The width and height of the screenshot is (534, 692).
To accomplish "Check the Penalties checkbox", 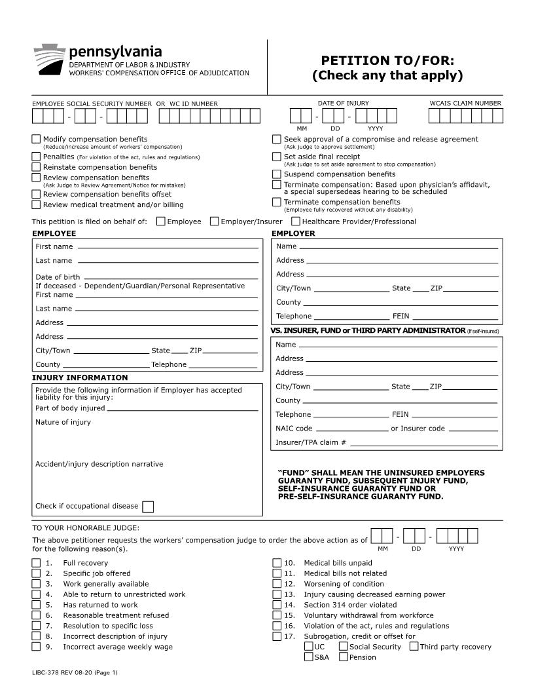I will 36,157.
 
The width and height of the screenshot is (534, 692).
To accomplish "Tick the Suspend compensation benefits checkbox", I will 277,174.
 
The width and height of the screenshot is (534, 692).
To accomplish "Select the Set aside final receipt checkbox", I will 277,157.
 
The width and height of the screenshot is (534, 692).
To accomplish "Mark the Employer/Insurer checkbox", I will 214,221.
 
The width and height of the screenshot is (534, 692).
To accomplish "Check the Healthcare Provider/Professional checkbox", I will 296,221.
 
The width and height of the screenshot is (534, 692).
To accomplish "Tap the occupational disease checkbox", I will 148,507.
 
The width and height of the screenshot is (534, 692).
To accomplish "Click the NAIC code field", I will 351,429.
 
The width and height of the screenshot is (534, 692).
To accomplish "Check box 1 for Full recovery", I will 36,563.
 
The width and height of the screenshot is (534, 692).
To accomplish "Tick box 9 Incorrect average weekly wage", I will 36,647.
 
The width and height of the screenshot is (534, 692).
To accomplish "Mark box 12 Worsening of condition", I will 277,584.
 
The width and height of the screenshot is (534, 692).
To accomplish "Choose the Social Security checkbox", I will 343,647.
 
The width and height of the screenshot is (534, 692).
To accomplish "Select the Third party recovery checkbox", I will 414,647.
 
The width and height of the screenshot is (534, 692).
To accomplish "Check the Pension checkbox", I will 343,657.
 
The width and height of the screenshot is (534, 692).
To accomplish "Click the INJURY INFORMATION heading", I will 80,377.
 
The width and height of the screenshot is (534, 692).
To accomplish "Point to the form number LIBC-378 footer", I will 75,673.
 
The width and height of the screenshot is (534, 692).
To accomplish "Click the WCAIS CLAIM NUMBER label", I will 465,104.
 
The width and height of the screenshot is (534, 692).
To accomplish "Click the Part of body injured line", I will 182,408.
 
